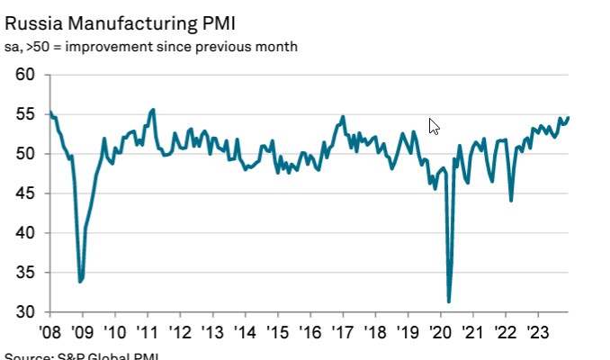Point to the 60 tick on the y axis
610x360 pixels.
tap(25, 75)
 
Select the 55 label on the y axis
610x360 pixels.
tap(25, 114)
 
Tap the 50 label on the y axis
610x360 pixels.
tap(25, 154)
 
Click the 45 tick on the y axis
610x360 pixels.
tap(25, 193)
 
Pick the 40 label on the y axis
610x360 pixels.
tap(25, 233)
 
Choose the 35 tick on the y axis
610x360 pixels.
tap(25, 273)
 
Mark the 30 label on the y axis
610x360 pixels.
tap(25, 312)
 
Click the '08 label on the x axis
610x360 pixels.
tap(50, 331)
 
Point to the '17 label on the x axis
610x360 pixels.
tap(343, 331)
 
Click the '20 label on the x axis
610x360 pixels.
tap(440, 331)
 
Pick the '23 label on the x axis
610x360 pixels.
tap(537, 331)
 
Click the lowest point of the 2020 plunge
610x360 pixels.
tap(449, 301)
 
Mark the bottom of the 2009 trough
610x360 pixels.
tap(80, 282)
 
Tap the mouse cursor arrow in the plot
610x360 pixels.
tap(434, 125)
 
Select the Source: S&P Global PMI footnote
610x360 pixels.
tap(81, 355)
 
